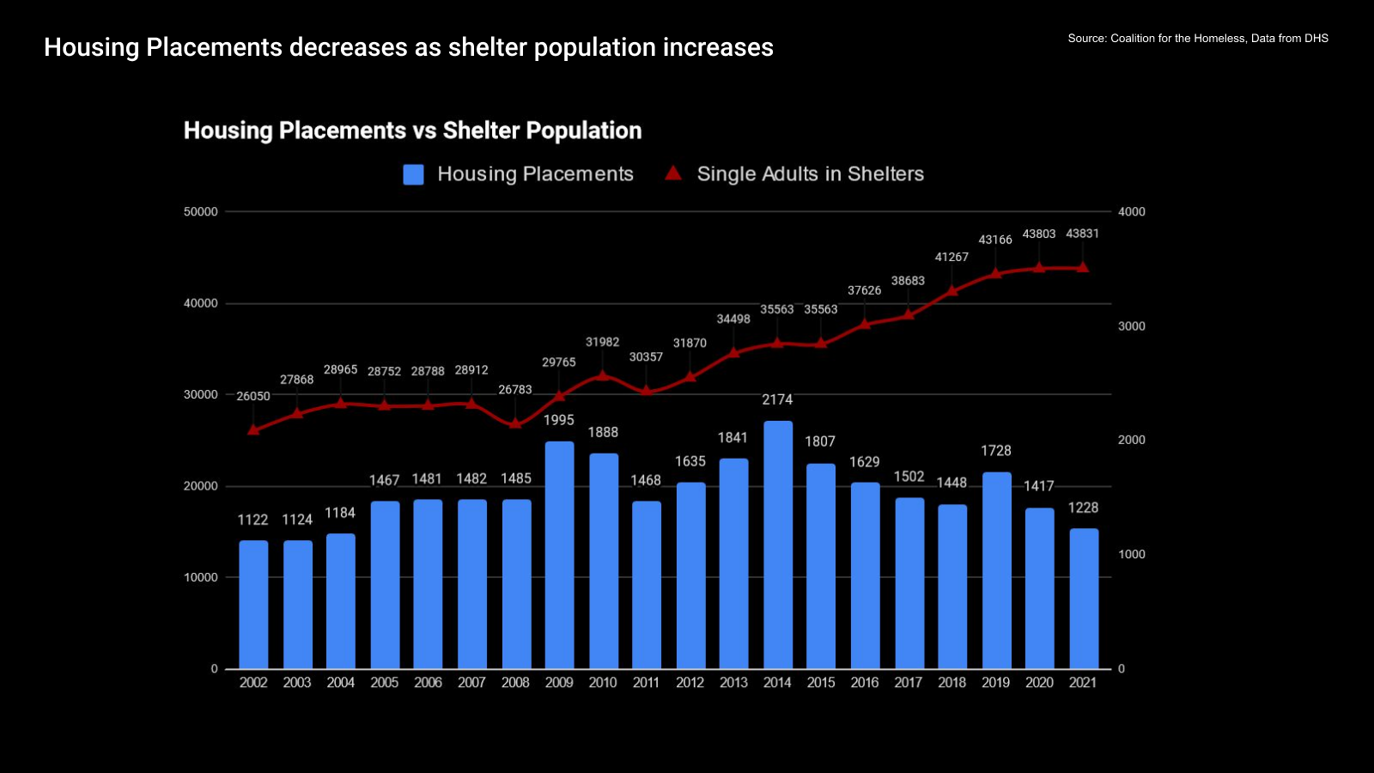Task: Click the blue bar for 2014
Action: [x=778, y=545]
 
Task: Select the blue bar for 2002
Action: [x=253, y=605]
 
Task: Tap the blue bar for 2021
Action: [x=1084, y=599]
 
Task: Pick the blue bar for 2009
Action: [x=559, y=555]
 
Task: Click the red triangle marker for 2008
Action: [x=515, y=423]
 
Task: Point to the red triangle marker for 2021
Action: [x=1083, y=267]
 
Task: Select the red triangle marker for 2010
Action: [x=602, y=374]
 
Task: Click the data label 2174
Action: [x=777, y=399]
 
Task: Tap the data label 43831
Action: [x=1082, y=234]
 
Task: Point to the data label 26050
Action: [x=253, y=396]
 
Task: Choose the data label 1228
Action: [x=1083, y=508]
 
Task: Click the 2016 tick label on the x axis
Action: [x=865, y=683]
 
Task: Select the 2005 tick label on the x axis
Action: [x=384, y=683]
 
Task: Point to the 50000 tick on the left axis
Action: [x=201, y=212]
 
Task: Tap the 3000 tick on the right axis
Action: [x=1131, y=326]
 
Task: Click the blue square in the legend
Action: [x=414, y=174]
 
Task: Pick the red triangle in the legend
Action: [x=673, y=173]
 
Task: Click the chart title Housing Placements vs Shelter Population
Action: [x=412, y=131]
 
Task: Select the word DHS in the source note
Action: [x=1316, y=39]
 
